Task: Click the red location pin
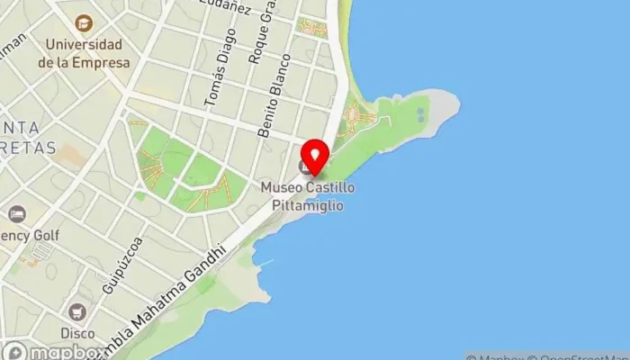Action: (314, 158)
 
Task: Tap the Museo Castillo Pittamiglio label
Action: (308, 196)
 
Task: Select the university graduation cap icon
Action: (84, 22)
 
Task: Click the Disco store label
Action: (77, 333)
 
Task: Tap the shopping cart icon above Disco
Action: (77, 311)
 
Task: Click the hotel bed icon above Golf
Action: (16, 214)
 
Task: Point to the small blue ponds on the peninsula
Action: (420, 114)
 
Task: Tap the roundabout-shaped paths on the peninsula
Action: (358, 119)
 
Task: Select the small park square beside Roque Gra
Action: (312, 28)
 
